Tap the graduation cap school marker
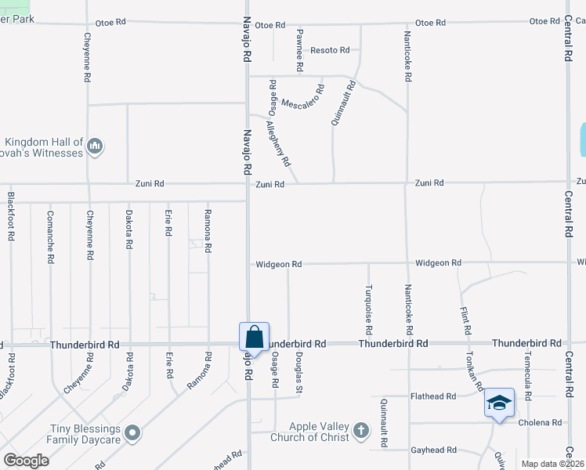tap(499, 403)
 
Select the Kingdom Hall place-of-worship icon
tap(96, 146)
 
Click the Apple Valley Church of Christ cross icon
tap(360, 430)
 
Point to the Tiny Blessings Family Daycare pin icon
tap(132, 432)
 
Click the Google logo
tap(26, 461)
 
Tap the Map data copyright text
tap(552, 464)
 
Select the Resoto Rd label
tap(330, 50)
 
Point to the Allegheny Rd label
tap(278, 143)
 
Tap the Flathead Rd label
tap(434, 396)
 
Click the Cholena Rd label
tap(541, 422)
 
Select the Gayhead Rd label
tap(434, 450)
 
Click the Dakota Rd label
tap(128, 230)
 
